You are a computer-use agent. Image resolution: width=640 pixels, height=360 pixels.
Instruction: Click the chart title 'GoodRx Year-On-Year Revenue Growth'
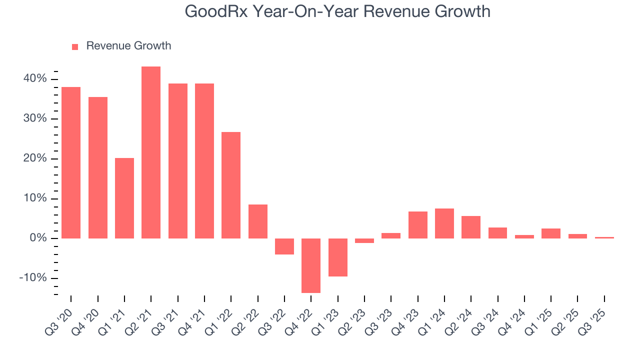click(337, 11)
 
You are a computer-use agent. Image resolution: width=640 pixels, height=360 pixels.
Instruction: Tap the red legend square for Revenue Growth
click(75, 46)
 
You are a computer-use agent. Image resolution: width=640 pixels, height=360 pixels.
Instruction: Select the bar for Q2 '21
click(151, 152)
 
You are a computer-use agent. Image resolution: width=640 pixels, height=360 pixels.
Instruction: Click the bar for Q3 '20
click(71, 162)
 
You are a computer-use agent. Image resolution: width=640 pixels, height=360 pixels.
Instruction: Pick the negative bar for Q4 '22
click(311, 265)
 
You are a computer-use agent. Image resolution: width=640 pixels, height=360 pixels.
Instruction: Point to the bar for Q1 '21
click(124, 198)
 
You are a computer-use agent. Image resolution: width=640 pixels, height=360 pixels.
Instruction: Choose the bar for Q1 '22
click(231, 185)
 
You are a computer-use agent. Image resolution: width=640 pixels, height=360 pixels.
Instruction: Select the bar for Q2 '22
click(258, 221)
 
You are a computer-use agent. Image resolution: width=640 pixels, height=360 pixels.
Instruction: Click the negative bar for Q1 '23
click(337, 257)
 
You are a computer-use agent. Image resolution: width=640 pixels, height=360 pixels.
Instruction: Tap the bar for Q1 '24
click(444, 223)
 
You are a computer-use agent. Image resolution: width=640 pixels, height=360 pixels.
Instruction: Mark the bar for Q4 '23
click(417, 225)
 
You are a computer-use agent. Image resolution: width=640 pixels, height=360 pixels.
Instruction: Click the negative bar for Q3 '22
click(284, 246)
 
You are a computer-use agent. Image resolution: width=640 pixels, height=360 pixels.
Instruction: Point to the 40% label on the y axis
click(35, 79)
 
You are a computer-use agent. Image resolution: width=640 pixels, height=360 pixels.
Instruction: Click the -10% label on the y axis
click(33, 278)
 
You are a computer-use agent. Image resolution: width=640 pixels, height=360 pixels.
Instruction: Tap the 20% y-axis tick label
click(35, 158)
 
